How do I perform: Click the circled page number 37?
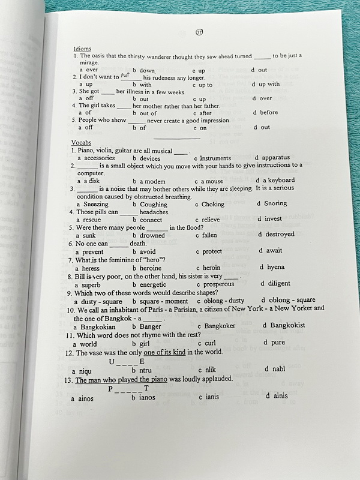(x=200, y=32)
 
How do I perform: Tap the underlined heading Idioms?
(x=82, y=48)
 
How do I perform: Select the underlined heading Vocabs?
(x=81, y=142)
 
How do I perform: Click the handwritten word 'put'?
(x=125, y=75)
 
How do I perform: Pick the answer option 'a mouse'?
(x=212, y=181)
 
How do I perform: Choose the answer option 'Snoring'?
(x=275, y=203)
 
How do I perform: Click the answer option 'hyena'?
(x=275, y=267)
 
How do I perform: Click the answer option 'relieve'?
(x=210, y=220)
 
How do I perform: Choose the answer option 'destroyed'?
(x=280, y=235)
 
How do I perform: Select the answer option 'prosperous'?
(x=219, y=284)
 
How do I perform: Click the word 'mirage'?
(x=89, y=62)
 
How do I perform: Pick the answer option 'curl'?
(x=209, y=343)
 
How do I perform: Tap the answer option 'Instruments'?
(x=215, y=158)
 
